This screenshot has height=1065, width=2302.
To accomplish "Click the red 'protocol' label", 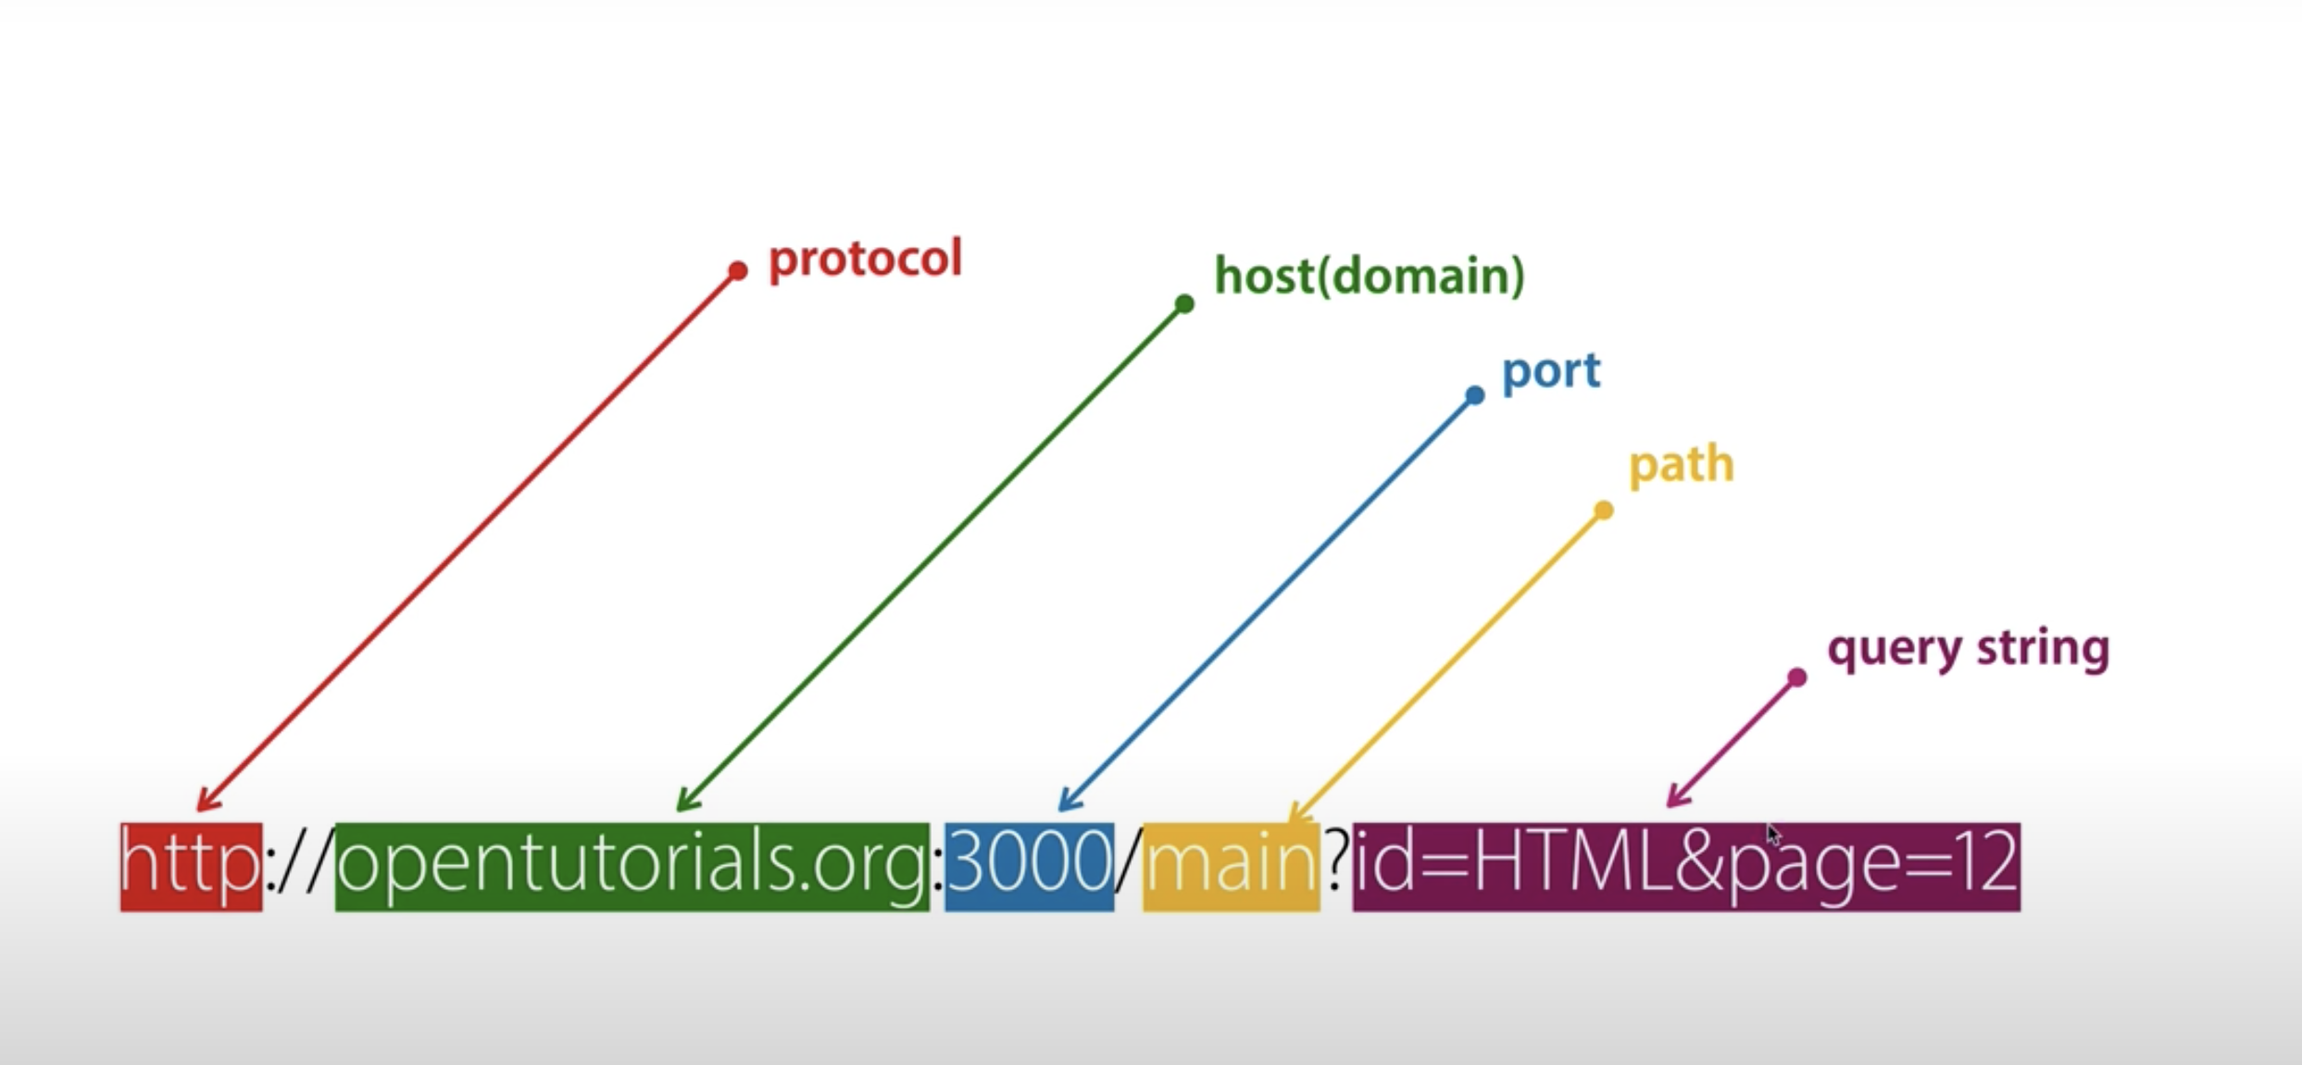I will pos(865,259).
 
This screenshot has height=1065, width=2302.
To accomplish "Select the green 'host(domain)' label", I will pos(1369,276).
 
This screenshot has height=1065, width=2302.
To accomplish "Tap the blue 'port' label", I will pos(1551,371).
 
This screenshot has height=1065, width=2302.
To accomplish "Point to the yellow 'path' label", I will pos(1681,464).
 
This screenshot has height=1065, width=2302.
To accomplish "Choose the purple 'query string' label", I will pos(1968,648).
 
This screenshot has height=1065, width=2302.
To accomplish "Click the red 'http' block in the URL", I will pos(191,866).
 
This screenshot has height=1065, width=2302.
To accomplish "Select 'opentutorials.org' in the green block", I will pos(632,866).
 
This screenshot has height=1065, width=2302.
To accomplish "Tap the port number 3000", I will pos(1029,866).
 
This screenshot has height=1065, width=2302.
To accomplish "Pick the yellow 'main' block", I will pos(1231,866).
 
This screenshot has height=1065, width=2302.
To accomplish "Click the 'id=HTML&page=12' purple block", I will pos(1685,866).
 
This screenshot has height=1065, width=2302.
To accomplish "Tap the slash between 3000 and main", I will pos(1128,866).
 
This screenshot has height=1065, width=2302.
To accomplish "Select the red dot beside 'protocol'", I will pos(737,270).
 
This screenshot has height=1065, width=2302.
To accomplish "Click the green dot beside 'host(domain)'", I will pos(1184,304).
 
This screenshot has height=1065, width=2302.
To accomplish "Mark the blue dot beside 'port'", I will pos(1475,395).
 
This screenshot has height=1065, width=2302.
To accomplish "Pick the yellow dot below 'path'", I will pos(1604,510).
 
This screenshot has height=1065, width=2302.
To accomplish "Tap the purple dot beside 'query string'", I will pos(1797,678).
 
